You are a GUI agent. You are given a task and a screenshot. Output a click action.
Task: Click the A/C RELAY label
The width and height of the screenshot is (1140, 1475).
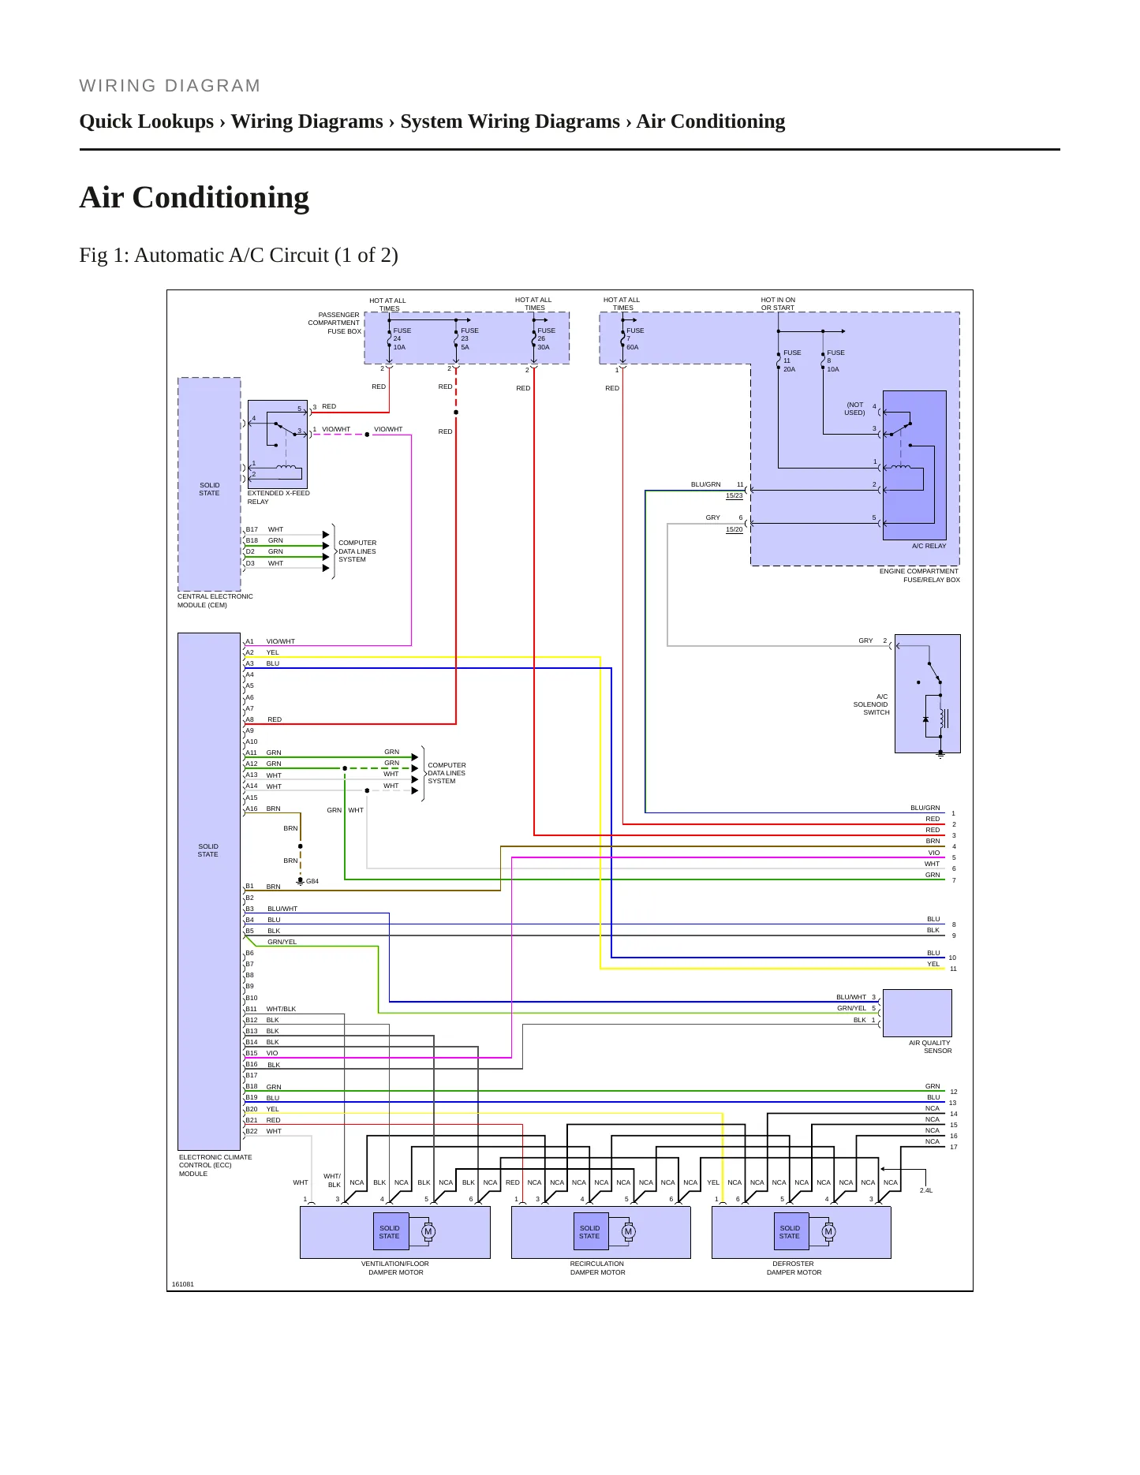click(x=929, y=546)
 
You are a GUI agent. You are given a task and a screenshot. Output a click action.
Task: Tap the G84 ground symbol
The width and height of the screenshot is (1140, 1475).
click(x=301, y=881)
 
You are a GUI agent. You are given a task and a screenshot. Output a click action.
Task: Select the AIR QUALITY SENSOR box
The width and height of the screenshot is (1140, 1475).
click(x=917, y=1013)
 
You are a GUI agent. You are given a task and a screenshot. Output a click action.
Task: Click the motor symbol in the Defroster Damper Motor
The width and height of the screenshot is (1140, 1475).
click(x=828, y=1231)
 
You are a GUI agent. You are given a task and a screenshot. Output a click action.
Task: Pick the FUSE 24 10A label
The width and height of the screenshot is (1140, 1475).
click(x=402, y=338)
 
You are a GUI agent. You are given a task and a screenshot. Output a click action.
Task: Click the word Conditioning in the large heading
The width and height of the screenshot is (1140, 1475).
click(x=221, y=197)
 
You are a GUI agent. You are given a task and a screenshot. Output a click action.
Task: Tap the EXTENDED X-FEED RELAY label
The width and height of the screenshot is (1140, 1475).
click(x=278, y=497)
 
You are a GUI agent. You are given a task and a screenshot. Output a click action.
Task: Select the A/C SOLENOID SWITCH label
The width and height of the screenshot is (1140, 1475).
click(x=871, y=704)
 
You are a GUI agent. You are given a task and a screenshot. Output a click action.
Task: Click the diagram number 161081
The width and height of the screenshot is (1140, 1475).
click(x=183, y=1284)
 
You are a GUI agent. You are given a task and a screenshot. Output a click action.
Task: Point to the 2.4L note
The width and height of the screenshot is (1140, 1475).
click(x=926, y=1190)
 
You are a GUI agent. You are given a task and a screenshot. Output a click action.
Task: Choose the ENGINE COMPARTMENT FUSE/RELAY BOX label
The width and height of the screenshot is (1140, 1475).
click(x=920, y=575)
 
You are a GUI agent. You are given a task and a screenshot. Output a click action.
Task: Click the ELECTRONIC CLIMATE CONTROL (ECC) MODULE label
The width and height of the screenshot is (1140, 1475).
click(x=215, y=1165)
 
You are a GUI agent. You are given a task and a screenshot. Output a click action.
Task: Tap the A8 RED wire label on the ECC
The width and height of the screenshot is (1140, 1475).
click(x=264, y=719)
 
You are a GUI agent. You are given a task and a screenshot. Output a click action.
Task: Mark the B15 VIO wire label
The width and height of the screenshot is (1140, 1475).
click(x=262, y=1053)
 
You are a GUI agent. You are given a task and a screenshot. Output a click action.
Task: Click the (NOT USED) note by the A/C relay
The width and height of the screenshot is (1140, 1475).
click(x=855, y=409)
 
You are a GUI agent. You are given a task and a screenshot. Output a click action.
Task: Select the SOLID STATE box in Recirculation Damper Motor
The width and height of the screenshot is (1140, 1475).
click(x=589, y=1231)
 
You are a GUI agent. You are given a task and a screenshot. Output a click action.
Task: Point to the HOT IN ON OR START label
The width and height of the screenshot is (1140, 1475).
click(x=778, y=304)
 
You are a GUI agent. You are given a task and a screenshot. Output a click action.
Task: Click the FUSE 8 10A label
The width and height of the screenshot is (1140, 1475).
click(x=835, y=360)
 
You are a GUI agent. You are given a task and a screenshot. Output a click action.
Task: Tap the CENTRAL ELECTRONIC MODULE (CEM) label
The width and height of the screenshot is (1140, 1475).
click(x=215, y=600)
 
